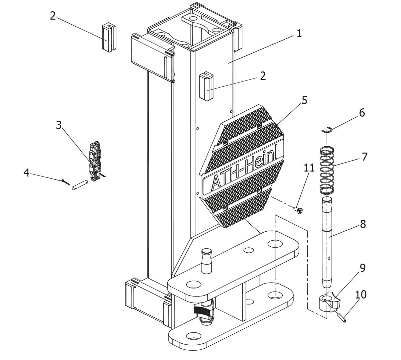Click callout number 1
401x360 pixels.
tap(299, 34)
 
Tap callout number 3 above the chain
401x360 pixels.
tap(59, 125)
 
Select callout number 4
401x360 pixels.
tap(26, 173)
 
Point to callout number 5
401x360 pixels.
tap(305, 100)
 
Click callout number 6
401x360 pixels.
tap(362, 113)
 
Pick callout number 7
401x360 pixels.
tap(364, 157)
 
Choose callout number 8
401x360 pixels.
tap(363, 224)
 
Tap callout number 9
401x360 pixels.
tap(362, 268)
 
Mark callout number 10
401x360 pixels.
tap(361, 295)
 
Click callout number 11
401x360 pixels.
tap(309, 168)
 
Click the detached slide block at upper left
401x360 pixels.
tap(109, 37)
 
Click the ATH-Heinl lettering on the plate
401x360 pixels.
tap(243, 172)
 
